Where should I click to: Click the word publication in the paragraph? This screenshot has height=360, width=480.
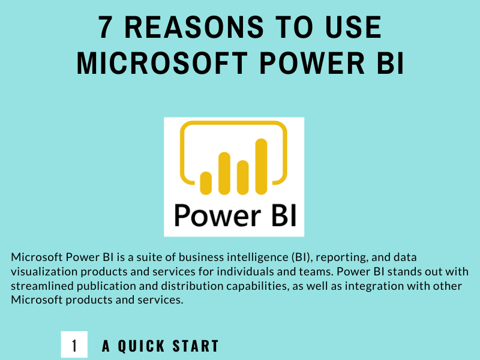[x=102, y=286]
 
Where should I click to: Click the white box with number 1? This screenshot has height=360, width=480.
[x=74, y=346]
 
